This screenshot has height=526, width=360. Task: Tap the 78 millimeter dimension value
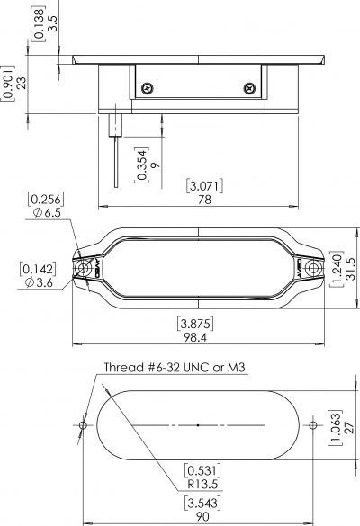(x=205, y=200)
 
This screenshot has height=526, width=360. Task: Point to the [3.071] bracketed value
(x=205, y=186)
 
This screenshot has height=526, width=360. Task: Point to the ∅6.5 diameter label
(x=45, y=212)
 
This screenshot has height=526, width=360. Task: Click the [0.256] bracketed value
(x=45, y=199)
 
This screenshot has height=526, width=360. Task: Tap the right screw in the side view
(x=249, y=87)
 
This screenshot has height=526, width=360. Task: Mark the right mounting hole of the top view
(x=314, y=267)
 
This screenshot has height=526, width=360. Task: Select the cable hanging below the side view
(x=117, y=157)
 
